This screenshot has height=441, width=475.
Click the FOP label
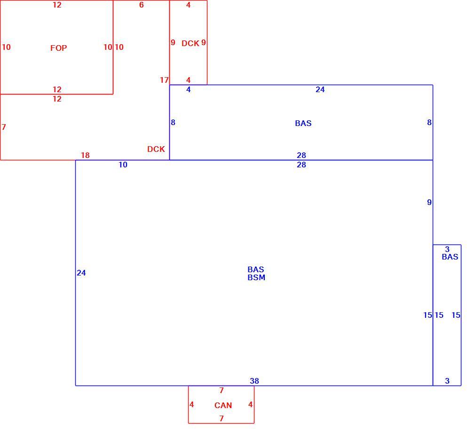(58, 48)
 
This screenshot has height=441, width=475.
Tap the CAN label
(223, 405)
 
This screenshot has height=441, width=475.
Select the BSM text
(256, 277)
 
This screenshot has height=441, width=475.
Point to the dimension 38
(254, 381)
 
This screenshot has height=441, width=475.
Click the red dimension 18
(85, 155)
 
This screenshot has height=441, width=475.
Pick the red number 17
(164, 80)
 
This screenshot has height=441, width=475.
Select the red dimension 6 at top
(142, 5)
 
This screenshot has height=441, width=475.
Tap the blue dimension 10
(123, 165)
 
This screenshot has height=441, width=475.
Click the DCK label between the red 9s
(190, 43)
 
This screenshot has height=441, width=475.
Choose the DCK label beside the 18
(156, 149)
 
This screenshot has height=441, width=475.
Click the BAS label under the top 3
(450, 257)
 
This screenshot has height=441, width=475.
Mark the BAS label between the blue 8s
(303, 123)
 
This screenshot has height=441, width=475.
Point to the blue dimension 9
(429, 202)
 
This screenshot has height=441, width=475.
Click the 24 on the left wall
(81, 273)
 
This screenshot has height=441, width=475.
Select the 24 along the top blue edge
(320, 89)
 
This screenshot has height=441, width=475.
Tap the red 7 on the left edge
(4, 127)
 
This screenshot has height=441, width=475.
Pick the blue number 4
(189, 89)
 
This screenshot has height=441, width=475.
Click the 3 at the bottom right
(447, 381)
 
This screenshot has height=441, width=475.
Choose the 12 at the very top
(57, 5)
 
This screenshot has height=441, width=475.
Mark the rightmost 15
(456, 315)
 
